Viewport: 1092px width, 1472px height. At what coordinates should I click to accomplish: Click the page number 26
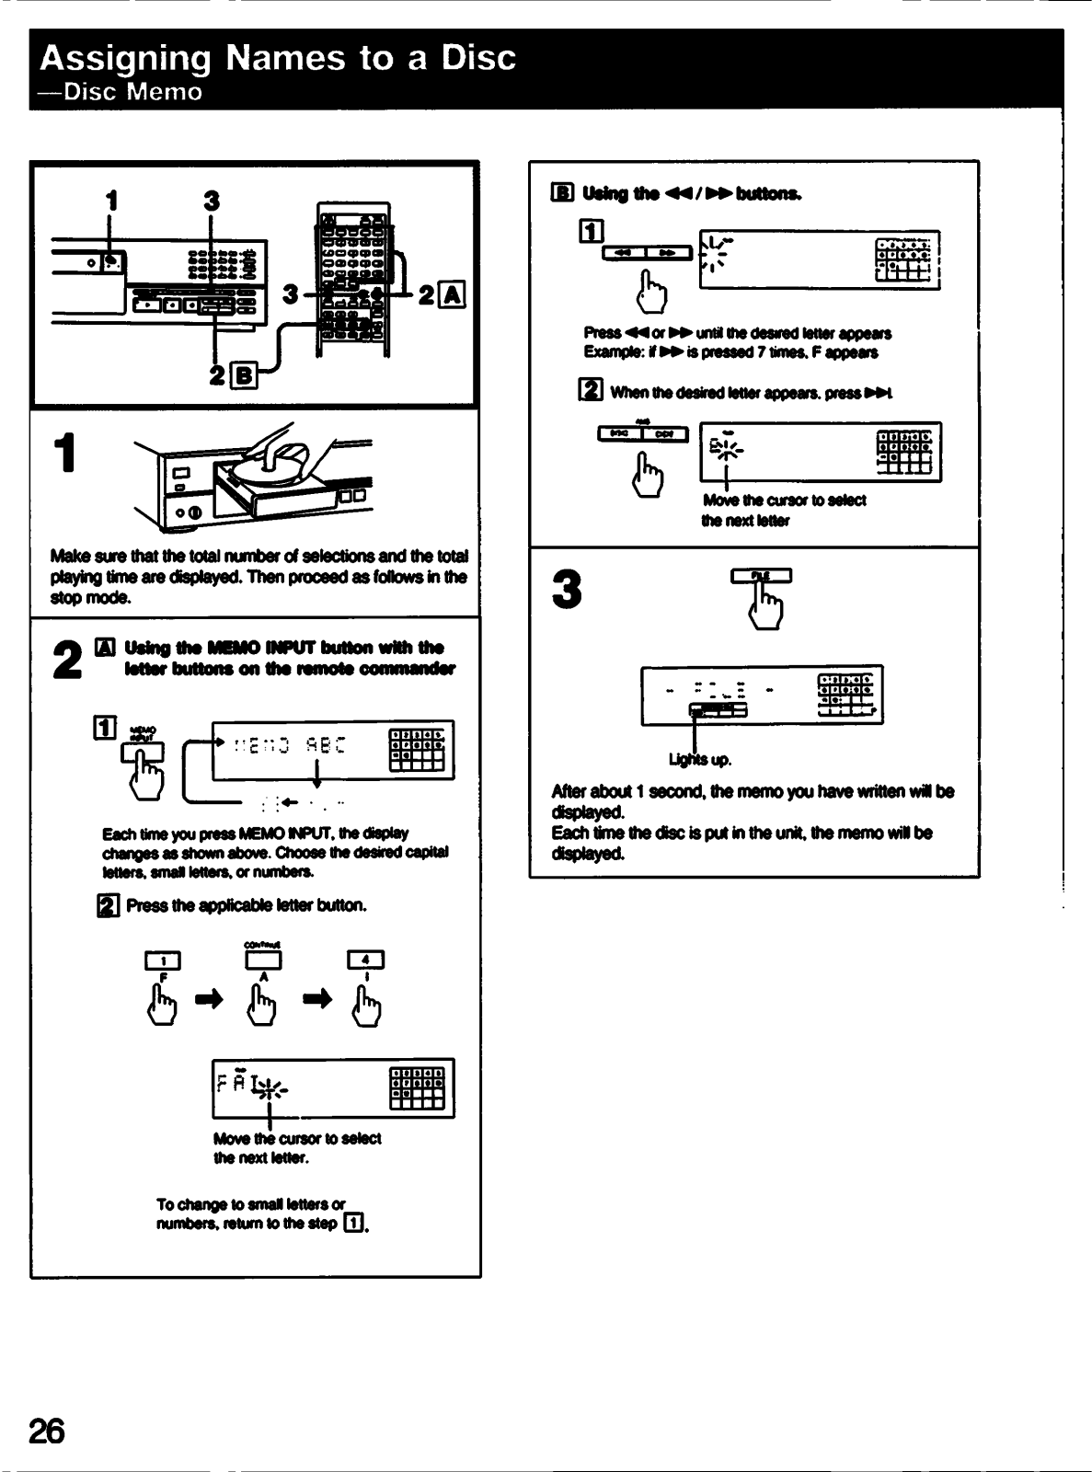coord(47,1431)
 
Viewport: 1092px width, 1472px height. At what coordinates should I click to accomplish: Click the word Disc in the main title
coord(477,58)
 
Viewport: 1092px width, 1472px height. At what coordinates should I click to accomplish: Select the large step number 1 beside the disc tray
coord(63,454)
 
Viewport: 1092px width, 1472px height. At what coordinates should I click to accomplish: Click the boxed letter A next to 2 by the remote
coord(454,294)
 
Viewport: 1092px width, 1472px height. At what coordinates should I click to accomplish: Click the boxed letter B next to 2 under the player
coord(244,374)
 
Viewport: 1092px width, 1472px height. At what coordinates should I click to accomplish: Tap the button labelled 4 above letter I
coord(365,960)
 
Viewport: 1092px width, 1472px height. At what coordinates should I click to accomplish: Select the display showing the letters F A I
coord(333,1088)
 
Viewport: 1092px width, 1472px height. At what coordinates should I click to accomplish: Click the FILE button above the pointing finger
coord(761,577)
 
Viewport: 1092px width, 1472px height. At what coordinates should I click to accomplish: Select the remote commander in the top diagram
coord(353,276)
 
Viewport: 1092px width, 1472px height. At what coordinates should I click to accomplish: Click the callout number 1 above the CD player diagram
coord(111,199)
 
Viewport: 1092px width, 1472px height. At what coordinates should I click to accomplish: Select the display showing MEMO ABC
coord(333,749)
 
